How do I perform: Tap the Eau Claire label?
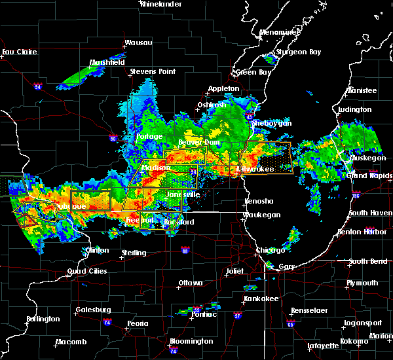point(18,52)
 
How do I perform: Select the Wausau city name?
point(138,43)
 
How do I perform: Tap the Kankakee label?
point(261,298)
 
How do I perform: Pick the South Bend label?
point(367,261)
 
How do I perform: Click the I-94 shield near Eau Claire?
point(38,86)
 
